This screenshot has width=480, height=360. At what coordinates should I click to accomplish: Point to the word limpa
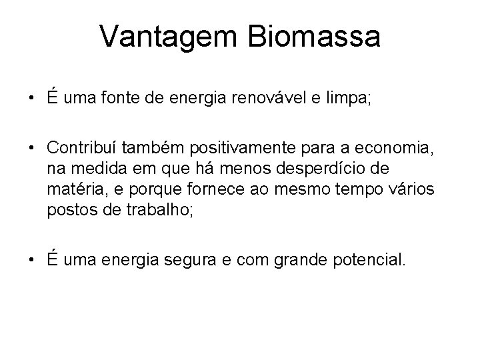[346, 100]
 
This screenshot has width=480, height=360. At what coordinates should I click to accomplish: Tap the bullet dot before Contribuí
[32, 147]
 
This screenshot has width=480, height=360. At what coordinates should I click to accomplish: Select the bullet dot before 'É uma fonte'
[32, 101]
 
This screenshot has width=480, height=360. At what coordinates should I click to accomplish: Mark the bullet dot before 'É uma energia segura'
[32, 257]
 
